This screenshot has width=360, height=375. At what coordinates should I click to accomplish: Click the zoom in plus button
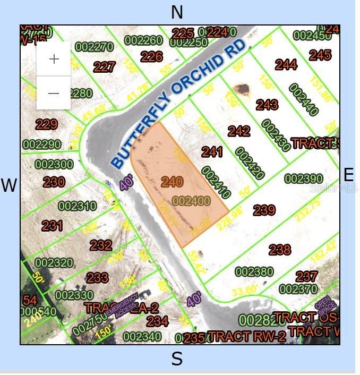54,59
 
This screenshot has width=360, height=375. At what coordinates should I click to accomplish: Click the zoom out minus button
54,93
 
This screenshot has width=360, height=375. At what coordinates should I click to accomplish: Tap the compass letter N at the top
177,12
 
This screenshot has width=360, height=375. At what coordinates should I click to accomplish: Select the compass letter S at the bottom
177,359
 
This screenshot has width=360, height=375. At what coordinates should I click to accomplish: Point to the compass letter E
348,175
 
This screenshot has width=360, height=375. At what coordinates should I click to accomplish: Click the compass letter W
9,185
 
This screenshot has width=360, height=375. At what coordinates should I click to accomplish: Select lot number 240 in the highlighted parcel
172,182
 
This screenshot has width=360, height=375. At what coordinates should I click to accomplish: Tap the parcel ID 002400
191,201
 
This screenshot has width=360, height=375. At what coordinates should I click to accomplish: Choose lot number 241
212,152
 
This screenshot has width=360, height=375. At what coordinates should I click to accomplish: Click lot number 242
239,131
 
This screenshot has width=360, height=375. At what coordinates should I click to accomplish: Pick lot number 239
264,210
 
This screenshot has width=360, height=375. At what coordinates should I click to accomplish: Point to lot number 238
279,249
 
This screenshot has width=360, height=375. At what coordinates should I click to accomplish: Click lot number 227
104,67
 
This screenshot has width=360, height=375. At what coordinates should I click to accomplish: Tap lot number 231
52,226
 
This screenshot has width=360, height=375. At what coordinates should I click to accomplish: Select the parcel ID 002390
303,178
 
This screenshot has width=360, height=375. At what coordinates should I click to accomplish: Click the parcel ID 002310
77,206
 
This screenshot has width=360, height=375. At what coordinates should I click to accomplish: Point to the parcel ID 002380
254,272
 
